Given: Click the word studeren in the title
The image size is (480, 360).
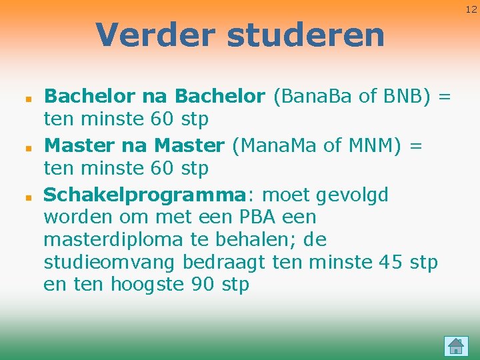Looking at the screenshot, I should coord(306,35).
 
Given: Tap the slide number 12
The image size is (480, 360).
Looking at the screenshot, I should coord(471,9).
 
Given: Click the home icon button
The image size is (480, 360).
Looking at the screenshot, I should coord(456,345).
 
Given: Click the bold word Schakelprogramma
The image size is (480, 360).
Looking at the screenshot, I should coord(145,195).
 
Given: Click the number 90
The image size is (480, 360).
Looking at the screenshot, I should coord(204,285).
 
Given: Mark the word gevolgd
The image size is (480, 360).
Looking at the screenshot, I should coord(353,195).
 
